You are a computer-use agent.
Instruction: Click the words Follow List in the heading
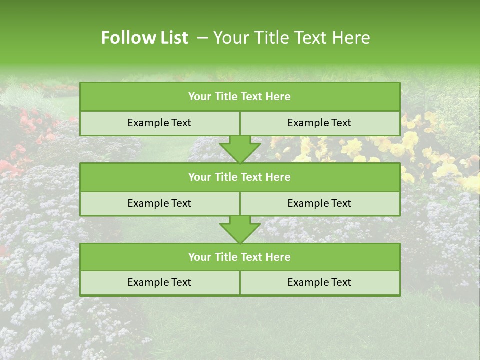(x=144, y=38)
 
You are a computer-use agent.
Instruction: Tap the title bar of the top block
(x=239, y=97)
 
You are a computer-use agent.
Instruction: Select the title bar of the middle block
(x=239, y=177)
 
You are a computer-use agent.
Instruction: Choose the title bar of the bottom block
(x=239, y=257)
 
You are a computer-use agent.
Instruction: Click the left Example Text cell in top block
(x=159, y=123)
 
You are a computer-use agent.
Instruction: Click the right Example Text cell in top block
(x=319, y=123)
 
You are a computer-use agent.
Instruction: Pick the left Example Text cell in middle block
(x=159, y=204)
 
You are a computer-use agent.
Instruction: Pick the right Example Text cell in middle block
(x=319, y=204)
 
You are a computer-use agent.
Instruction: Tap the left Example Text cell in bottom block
(x=159, y=283)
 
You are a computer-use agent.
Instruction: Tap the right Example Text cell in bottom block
(x=319, y=283)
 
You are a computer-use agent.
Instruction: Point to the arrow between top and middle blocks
(x=240, y=149)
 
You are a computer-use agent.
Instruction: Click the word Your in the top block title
(x=200, y=97)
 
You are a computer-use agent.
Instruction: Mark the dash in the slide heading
(x=202, y=38)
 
